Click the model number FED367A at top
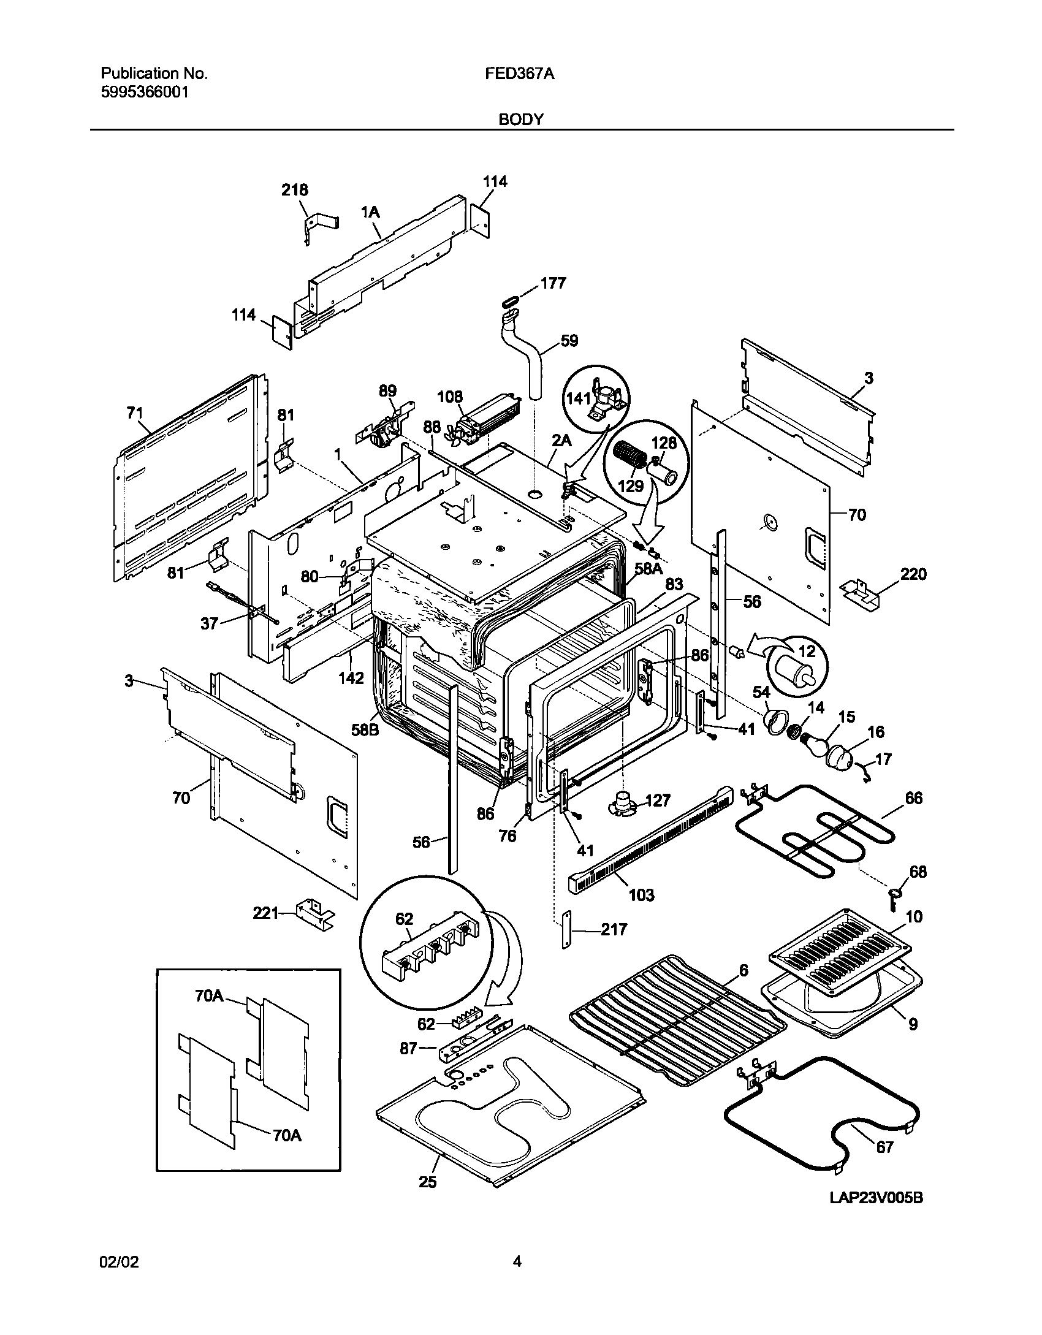click(520, 74)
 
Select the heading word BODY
click(520, 120)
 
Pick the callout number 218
click(295, 191)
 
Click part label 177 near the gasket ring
click(553, 283)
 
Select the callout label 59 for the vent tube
click(569, 341)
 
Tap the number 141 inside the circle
click(577, 397)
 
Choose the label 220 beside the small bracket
click(913, 574)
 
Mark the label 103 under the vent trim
click(641, 895)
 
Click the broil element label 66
click(913, 798)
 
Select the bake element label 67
click(884, 1147)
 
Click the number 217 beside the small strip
click(614, 930)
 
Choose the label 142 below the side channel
click(352, 678)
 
